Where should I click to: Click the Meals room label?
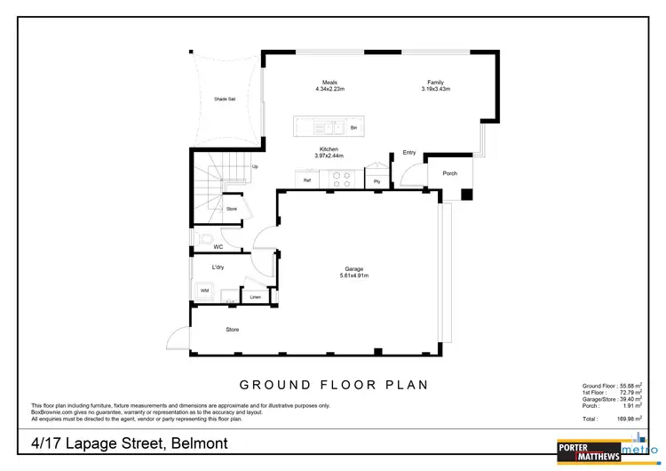[x=329, y=83]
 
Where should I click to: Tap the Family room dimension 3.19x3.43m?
[x=435, y=90]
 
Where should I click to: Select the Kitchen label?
[x=329, y=149]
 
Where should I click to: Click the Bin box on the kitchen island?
[x=353, y=129]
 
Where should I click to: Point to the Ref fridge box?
[x=307, y=180]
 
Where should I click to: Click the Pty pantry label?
[x=377, y=181]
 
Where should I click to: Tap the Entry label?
[x=409, y=153]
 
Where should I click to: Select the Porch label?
[x=450, y=173]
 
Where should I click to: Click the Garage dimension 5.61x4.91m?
[x=354, y=275]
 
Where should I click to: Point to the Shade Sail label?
[x=225, y=99]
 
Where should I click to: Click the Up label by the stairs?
[x=256, y=166]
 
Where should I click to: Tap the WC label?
[x=218, y=246]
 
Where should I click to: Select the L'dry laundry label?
[x=217, y=267]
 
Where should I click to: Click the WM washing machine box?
[x=203, y=291]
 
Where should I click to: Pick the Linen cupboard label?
[x=255, y=297]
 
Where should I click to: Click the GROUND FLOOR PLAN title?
[x=335, y=385]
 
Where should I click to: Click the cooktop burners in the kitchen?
[x=343, y=180]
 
